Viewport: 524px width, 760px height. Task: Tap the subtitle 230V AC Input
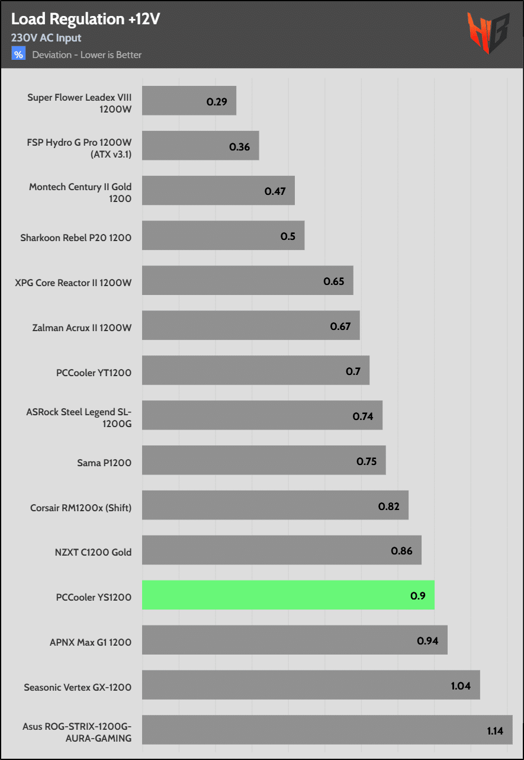coord(46,38)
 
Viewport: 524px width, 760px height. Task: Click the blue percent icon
coord(19,54)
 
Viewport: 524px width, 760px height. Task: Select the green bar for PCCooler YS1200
coord(288,595)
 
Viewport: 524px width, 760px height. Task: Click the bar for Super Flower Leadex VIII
coord(189,101)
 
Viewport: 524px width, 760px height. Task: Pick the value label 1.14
coord(495,730)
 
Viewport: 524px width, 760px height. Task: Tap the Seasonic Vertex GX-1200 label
coord(78,687)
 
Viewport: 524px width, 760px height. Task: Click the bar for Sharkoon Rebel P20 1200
coord(223,236)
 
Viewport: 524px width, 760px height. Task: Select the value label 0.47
coord(275,191)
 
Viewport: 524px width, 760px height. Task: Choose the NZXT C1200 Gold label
coord(93,552)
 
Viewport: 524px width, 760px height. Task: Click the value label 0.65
coord(334,281)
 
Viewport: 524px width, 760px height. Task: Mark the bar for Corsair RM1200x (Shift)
coord(275,505)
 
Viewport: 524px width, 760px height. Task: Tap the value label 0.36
coord(240,146)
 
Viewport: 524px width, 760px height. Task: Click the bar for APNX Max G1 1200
coord(294,640)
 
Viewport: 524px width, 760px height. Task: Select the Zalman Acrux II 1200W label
coord(82,328)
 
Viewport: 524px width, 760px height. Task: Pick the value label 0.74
coord(363,416)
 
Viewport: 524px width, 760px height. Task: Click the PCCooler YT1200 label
coord(94,373)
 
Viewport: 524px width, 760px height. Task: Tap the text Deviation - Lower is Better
coord(87,55)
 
